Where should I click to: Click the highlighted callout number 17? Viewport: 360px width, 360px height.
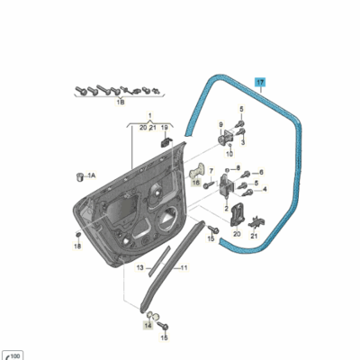(x=260, y=83)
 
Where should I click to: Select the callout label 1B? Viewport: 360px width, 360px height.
(x=120, y=104)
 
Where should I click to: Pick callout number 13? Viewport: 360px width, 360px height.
(x=139, y=268)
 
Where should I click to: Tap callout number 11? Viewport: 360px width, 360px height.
(x=183, y=268)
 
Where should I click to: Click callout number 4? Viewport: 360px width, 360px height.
(x=265, y=190)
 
